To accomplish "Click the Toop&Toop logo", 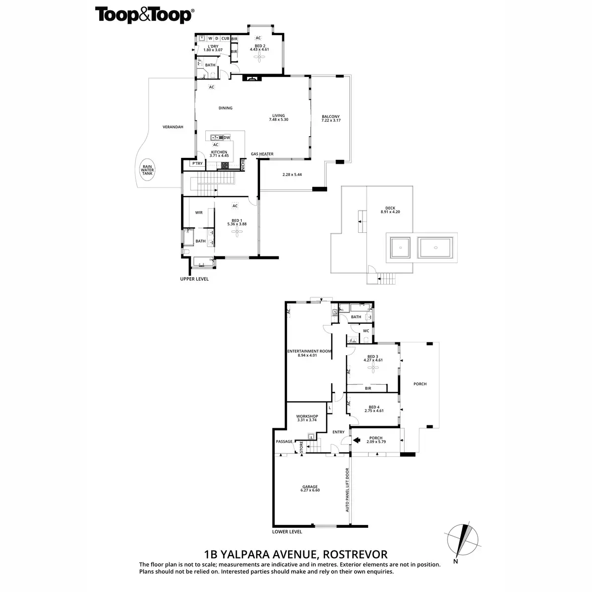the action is click(x=144, y=15).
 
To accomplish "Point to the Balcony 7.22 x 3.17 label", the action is click(x=331, y=118).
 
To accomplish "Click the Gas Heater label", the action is click(x=262, y=154).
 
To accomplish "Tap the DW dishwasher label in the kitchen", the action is click(x=227, y=138).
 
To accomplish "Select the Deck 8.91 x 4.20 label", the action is click(x=390, y=210).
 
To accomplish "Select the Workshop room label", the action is click(x=307, y=418).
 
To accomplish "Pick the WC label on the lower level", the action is click(x=366, y=331).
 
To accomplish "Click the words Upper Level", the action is click(x=194, y=279).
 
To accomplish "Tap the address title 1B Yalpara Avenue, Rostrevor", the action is click(x=296, y=554).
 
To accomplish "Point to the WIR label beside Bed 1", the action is click(x=199, y=213).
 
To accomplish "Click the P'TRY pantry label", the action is click(x=197, y=163).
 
